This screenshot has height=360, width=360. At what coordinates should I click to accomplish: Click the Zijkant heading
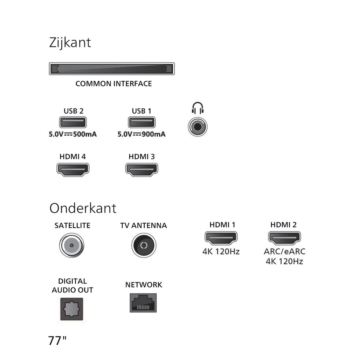point(70,42)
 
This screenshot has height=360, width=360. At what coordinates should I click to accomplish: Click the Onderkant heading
point(83,208)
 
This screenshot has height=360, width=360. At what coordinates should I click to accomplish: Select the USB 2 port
point(73,122)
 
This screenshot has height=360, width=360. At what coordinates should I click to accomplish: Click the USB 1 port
point(141,122)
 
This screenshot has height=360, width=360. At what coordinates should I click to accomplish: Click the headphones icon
point(198,108)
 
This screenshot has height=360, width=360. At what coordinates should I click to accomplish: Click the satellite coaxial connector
point(72,245)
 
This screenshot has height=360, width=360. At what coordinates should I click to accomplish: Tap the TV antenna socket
point(144,245)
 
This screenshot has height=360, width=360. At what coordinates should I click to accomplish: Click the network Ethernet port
point(144,303)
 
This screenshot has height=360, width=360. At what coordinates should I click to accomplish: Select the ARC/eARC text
point(284,252)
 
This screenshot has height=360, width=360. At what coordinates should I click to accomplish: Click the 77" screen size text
point(57,341)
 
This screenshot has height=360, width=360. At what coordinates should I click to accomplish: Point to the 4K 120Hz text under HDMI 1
point(221,252)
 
